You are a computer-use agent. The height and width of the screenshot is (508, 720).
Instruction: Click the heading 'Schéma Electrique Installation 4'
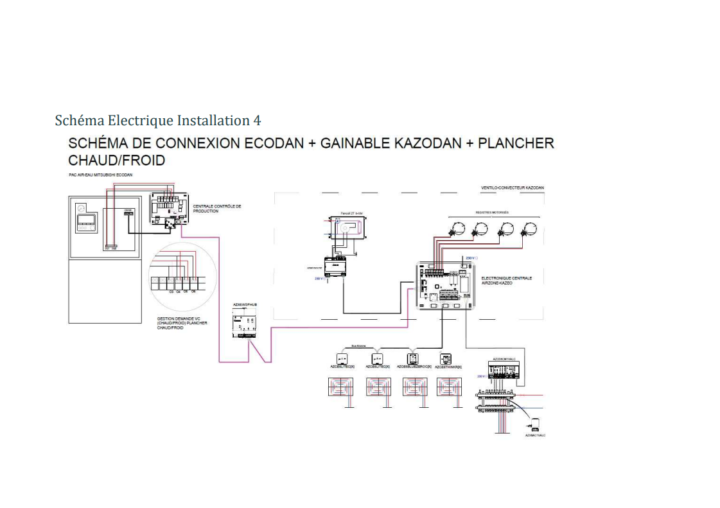coord(158,120)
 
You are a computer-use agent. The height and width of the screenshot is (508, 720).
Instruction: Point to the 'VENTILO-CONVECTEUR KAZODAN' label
coord(512,188)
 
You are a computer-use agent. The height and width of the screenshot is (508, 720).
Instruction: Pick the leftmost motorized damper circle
coord(458,228)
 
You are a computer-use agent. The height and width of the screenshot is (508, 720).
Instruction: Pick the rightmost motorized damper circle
coord(529,228)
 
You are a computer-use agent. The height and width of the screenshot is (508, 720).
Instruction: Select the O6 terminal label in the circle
coord(193,292)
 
